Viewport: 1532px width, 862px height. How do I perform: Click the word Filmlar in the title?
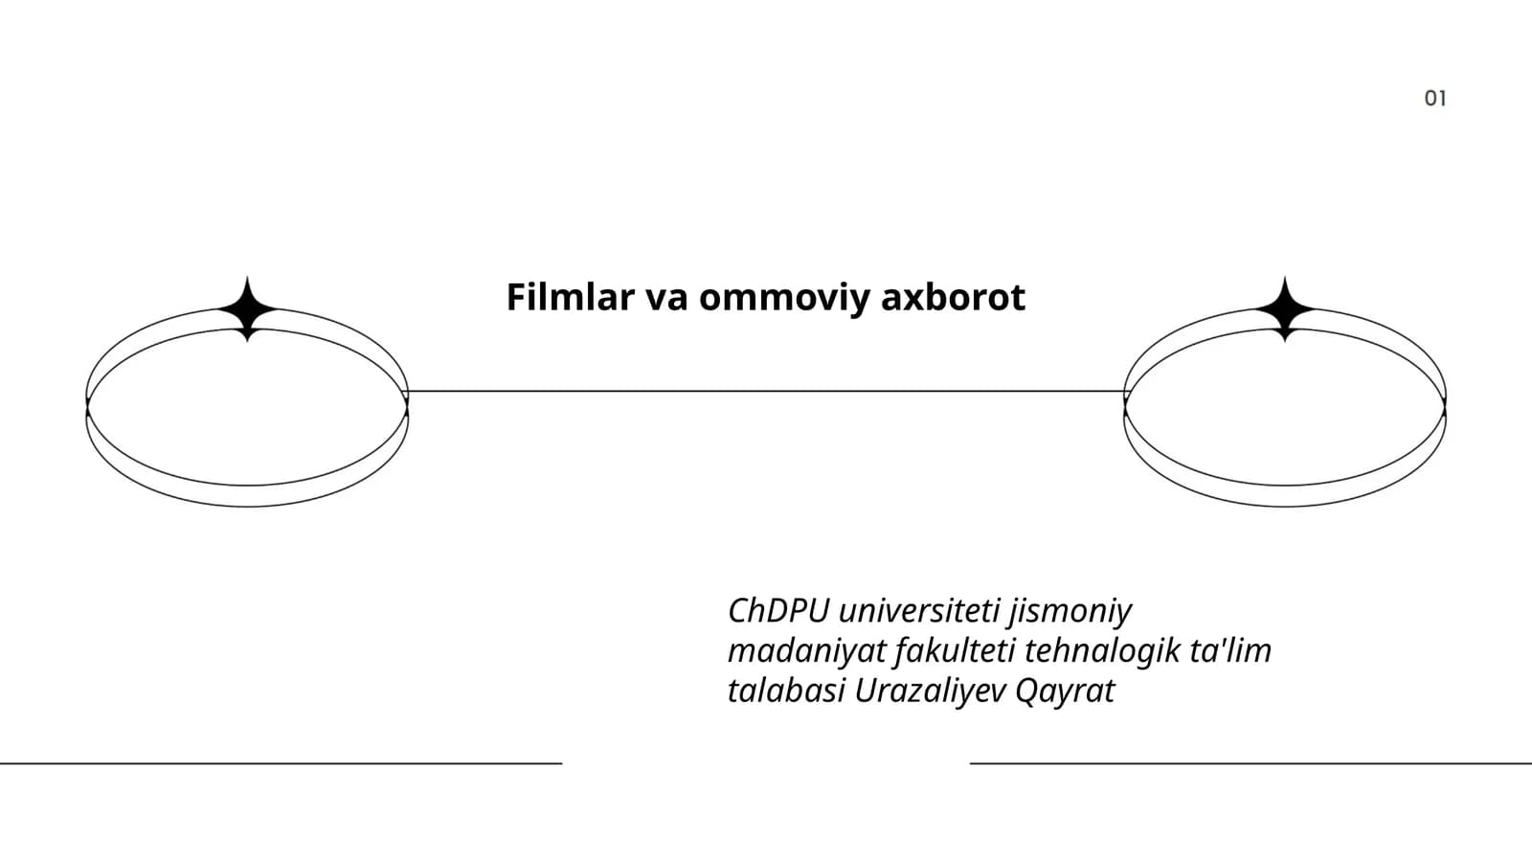tap(570, 297)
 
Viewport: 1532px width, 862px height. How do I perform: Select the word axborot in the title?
tap(954, 297)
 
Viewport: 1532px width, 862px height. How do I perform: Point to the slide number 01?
tap(1435, 99)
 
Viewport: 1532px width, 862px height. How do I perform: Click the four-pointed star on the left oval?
tap(248, 309)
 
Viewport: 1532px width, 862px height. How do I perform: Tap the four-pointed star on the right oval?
tap(1285, 309)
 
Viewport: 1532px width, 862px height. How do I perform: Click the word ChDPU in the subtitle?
tap(778, 610)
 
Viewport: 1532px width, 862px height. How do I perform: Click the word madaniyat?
tap(807, 651)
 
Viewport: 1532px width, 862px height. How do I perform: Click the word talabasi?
tap(786, 691)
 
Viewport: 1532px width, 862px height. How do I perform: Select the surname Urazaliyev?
tap(931, 692)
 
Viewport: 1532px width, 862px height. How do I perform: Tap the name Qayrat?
tap(1066, 692)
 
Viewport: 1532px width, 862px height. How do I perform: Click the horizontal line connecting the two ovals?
tap(766, 392)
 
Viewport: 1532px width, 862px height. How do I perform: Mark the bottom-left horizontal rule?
tap(282, 762)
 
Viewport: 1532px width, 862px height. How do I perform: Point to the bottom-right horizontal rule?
tap(1250, 762)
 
